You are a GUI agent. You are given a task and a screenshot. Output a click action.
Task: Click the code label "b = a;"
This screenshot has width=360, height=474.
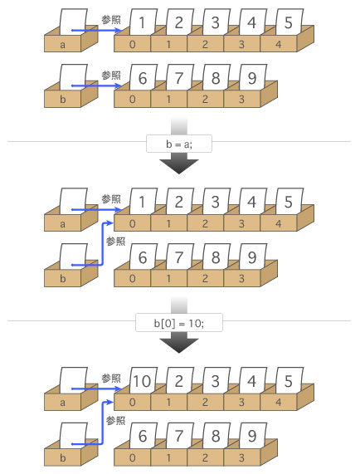pyautogui.click(x=179, y=144)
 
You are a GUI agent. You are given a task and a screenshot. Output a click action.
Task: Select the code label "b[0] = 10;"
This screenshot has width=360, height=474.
pyautogui.click(x=179, y=323)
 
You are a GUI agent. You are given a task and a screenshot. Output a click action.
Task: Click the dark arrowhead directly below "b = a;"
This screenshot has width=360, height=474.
pyautogui.click(x=179, y=163)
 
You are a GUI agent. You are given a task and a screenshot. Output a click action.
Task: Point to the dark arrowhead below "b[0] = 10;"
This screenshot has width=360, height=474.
pyautogui.click(x=179, y=342)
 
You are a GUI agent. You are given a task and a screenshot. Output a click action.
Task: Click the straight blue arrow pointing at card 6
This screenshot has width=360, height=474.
pyautogui.click(x=96, y=86)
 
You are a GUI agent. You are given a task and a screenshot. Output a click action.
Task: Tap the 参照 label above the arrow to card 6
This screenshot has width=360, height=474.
pyautogui.click(x=111, y=75)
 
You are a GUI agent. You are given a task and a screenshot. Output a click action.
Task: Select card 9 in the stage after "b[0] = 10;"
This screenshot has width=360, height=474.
pyautogui.click(x=253, y=435)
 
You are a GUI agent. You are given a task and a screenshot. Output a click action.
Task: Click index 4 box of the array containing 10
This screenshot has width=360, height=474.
pyautogui.click(x=278, y=402)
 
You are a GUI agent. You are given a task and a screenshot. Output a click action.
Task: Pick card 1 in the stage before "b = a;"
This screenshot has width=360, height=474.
pyautogui.click(x=143, y=22)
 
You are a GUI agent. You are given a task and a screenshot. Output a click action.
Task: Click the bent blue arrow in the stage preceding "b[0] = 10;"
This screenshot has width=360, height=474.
pyautogui.click(x=102, y=245)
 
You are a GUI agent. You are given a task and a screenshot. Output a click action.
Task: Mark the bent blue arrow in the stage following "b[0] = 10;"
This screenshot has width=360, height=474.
pyautogui.click(x=102, y=424)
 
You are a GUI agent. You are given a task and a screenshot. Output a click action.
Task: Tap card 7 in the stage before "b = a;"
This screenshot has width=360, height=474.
pyautogui.click(x=179, y=77)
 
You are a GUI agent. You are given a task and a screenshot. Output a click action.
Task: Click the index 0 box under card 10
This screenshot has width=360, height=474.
pyautogui.click(x=132, y=402)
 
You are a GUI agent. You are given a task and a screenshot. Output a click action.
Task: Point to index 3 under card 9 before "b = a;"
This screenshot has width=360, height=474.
pyautogui.click(x=241, y=99)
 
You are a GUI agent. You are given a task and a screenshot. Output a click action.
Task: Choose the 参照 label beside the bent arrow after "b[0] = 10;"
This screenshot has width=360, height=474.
pyautogui.click(x=115, y=421)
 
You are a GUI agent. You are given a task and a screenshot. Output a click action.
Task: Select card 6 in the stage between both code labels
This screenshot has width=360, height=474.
pyautogui.click(x=143, y=257)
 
